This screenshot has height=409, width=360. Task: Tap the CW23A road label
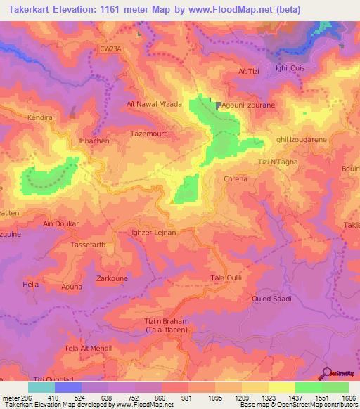(x=110, y=48)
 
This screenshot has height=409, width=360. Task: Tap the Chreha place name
(x=236, y=179)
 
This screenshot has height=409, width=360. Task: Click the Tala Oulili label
(x=226, y=278)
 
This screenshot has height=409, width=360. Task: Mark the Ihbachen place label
(x=92, y=141)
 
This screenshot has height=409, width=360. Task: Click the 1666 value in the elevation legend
(x=346, y=397)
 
